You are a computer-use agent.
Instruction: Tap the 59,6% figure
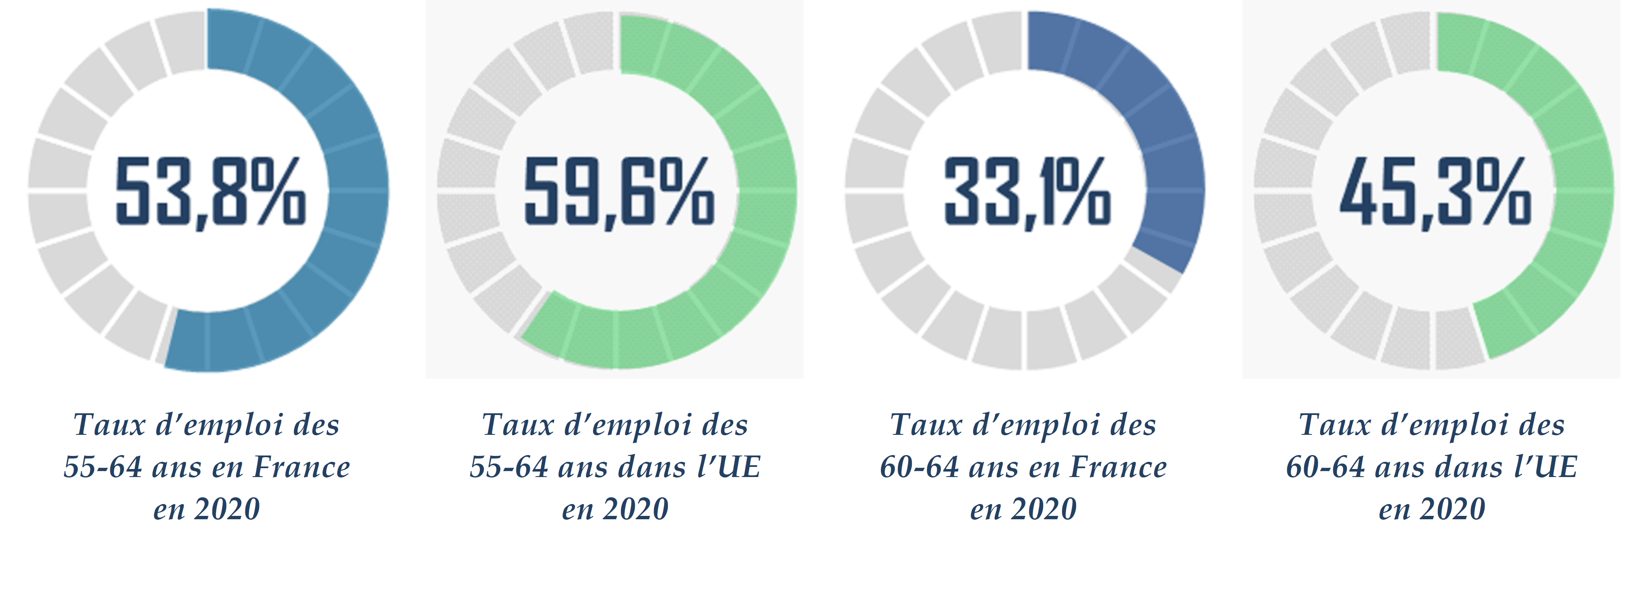(619, 191)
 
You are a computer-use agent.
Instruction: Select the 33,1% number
(1027, 191)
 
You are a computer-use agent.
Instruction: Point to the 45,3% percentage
(1435, 191)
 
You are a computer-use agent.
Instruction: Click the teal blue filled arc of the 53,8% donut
(357, 191)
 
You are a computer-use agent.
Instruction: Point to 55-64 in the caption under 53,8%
(102, 467)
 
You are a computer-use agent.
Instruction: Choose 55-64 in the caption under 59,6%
(508, 467)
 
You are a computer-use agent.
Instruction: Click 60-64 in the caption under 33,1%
(919, 467)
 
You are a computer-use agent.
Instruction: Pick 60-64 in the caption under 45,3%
(1325, 467)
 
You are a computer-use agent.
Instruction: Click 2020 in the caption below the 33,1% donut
(1044, 509)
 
